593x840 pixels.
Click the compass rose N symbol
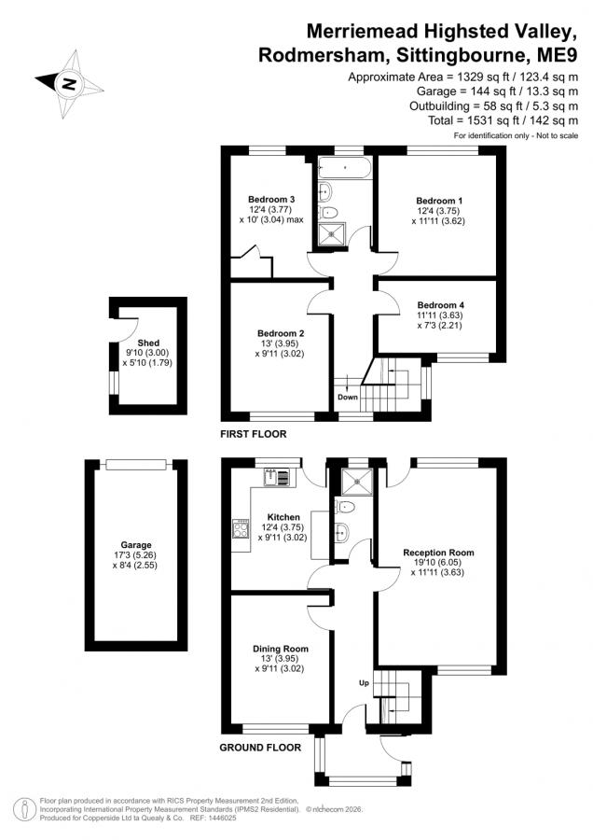coord(69,84)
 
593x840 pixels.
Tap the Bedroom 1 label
coord(439,201)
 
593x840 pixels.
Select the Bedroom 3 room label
coord(271,200)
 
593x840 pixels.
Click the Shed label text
coord(148,343)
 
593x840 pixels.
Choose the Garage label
coord(135,545)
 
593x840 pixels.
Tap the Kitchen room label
coord(283,517)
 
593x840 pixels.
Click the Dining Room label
coord(281,649)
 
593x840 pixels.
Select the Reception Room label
coord(438,553)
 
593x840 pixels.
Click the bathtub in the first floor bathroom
coord(345,168)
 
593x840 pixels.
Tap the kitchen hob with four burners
coord(241,529)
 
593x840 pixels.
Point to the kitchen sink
coord(277,477)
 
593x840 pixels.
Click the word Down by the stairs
coord(348,397)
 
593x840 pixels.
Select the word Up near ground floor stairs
coord(364,683)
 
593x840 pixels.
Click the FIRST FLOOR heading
coord(254,434)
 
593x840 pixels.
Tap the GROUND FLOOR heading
coord(260,748)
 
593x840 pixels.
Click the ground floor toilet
coord(346,506)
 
